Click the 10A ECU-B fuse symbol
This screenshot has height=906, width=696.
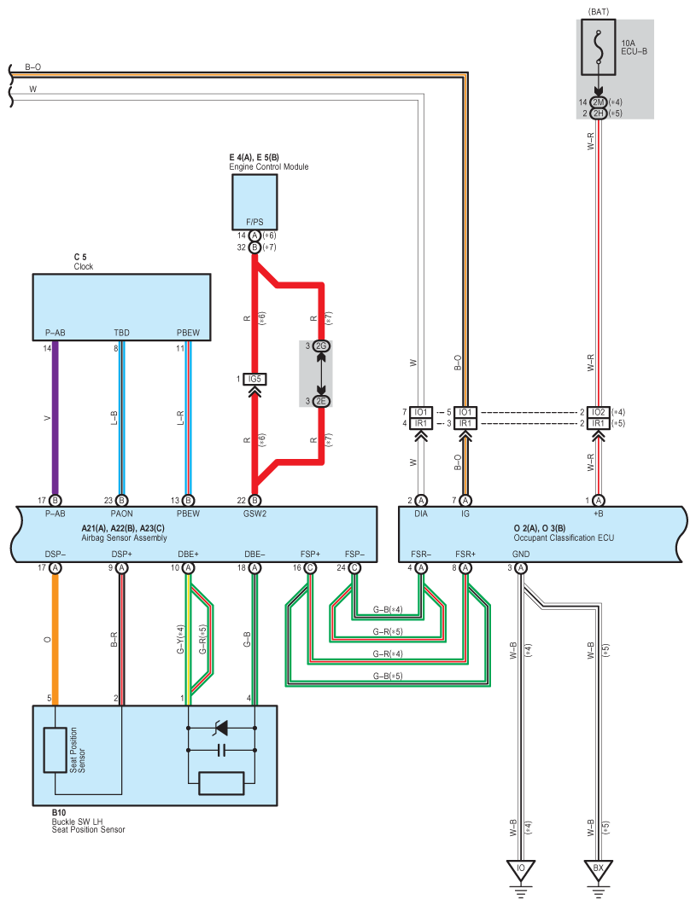[599, 48]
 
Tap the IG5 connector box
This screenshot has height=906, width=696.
[254, 379]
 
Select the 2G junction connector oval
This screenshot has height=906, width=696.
[321, 346]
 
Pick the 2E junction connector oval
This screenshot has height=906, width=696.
[321, 401]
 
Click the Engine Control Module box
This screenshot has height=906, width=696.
[254, 201]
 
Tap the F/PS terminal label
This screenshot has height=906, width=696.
[254, 222]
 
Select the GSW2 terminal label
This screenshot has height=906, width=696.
[254, 514]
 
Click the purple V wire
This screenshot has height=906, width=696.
[56, 418]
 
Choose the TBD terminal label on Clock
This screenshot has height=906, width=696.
[121, 333]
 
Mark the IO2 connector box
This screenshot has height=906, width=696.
[599, 412]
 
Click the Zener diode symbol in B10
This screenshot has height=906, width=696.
[220, 728]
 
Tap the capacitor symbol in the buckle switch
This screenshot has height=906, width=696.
[220, 751]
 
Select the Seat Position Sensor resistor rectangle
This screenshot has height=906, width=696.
[55, 751]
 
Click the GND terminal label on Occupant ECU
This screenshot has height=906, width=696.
[521, 555]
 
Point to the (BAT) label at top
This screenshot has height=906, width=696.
[599, 12]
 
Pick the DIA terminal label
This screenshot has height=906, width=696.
[421, 514]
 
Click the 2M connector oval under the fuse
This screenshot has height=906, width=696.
[599, 102]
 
